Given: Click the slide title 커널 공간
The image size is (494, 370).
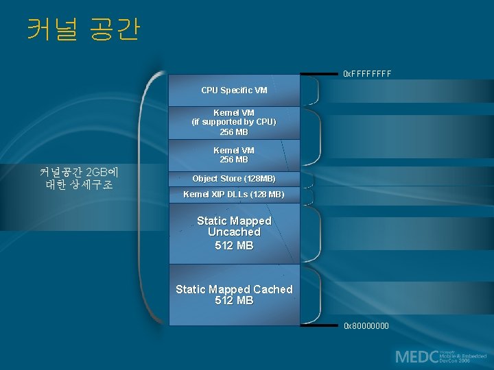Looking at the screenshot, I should [83, 29].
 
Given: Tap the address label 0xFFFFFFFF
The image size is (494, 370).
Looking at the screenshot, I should [366, 73].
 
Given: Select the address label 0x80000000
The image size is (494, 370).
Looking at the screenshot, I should [366, 325].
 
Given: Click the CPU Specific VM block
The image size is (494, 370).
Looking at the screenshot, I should [234, 90].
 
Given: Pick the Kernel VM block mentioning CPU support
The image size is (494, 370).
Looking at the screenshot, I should [234, 122].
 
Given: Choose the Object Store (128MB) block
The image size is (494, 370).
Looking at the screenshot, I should [234, 178].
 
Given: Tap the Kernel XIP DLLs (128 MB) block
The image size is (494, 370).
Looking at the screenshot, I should [234, 195].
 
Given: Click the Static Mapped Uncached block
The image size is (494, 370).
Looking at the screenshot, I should [234, 233].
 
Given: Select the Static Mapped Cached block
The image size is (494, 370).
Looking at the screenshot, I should [234, 295].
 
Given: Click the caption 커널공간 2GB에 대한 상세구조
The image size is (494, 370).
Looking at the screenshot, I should [79, 177].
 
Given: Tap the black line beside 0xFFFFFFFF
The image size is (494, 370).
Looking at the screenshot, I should [320, 73].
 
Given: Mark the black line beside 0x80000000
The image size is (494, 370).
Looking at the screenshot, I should [320, 325].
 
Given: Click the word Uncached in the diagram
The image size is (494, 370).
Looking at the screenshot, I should [234, 232].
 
